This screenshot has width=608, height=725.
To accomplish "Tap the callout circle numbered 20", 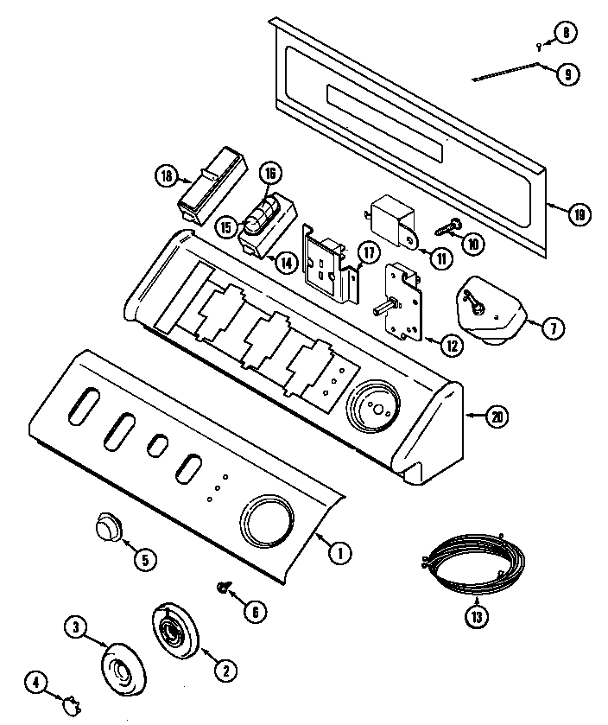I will [x=496, y=417].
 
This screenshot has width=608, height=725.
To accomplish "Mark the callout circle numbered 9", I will [x=567, y=73].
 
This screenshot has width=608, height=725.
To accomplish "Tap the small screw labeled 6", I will [x=225, y=588].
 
